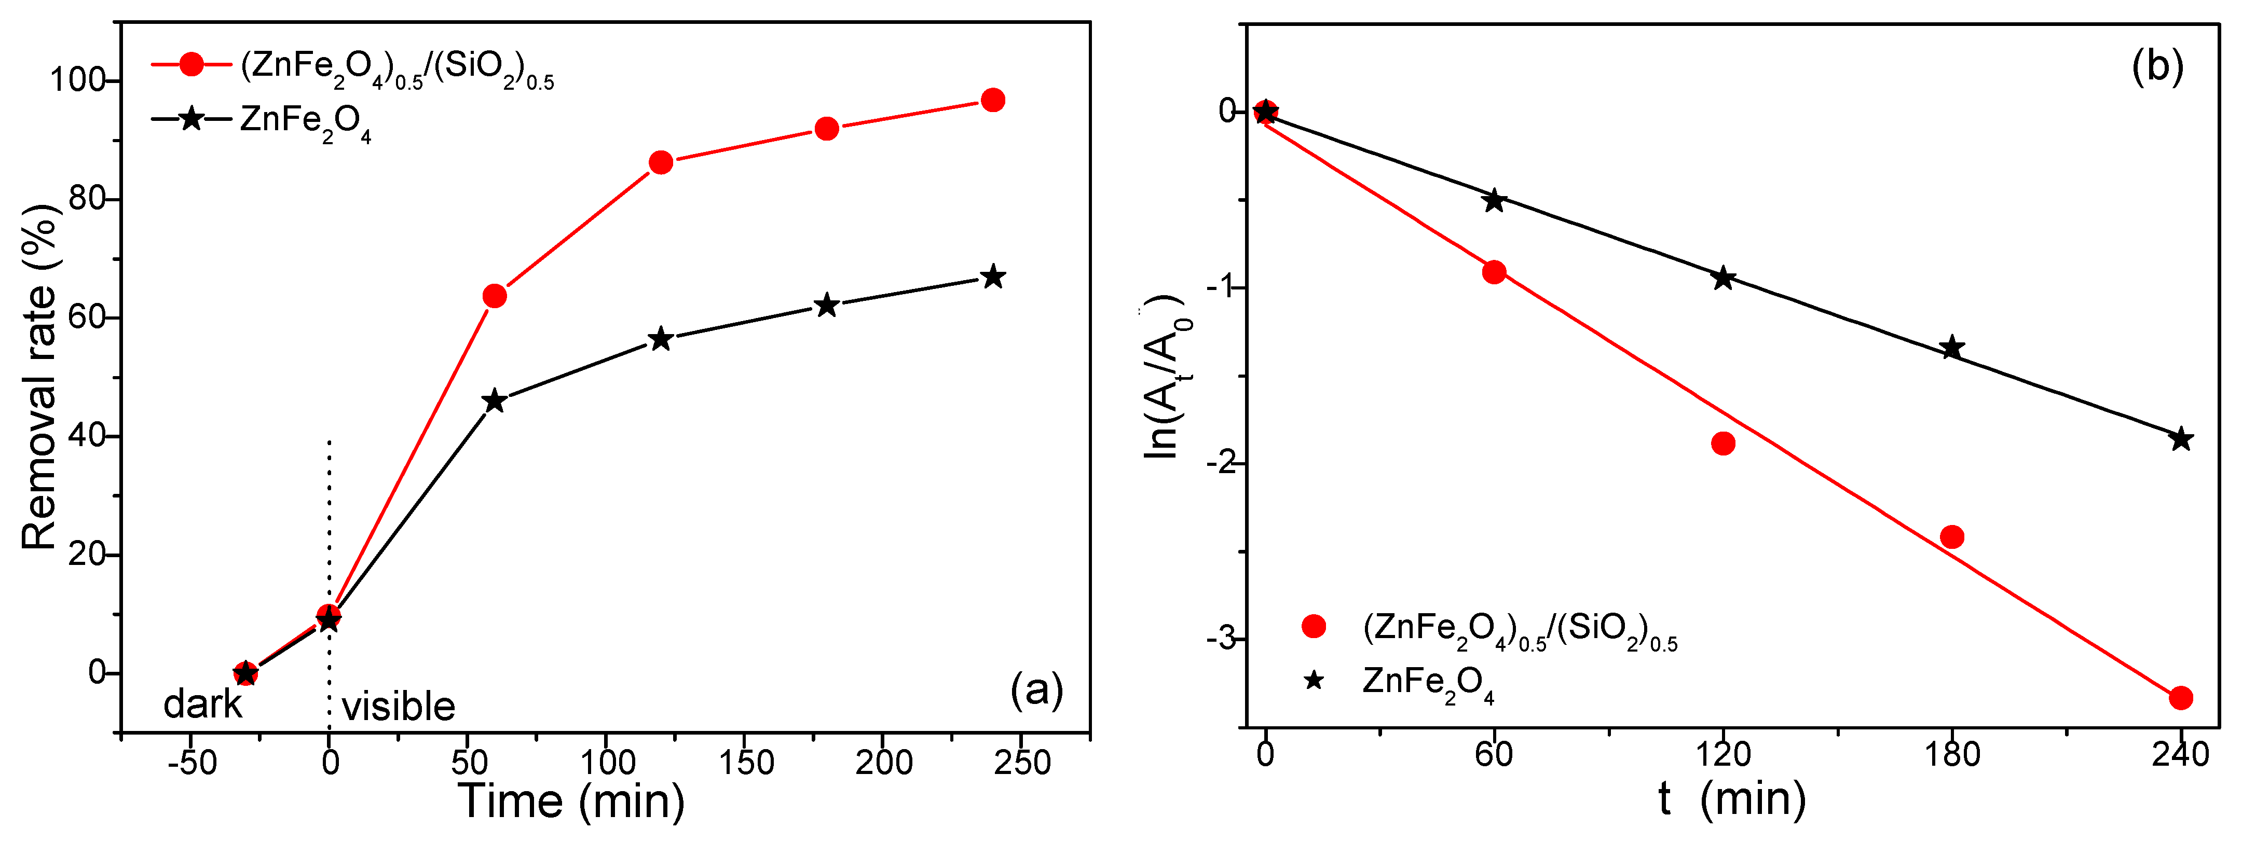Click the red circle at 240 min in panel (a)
click(992, 100)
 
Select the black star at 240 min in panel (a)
click(992, 278)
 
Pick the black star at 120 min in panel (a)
click(661, 338)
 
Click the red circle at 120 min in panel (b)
click(1723, 444)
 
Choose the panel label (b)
click(2157, 65)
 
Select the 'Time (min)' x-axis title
click(572, 800)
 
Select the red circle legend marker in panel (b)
click(1314, 626)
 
